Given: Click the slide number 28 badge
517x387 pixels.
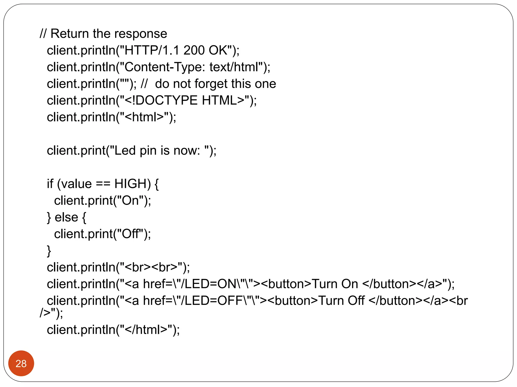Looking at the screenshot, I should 21,363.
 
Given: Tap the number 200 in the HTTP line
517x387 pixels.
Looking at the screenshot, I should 194,50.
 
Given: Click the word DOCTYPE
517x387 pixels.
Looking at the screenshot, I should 167,100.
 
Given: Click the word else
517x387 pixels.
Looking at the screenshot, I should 66,217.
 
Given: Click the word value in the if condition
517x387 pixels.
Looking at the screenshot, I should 76,184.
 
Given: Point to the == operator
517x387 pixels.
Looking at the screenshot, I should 103,184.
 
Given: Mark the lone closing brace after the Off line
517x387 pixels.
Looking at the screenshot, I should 49,251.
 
